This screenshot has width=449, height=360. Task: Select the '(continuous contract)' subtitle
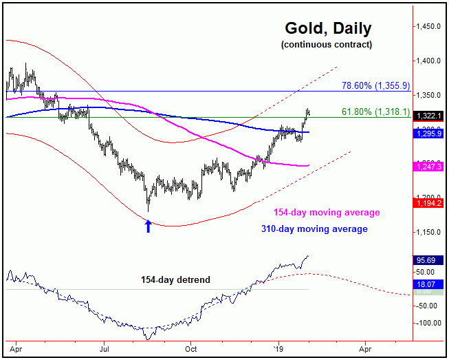point(327,45)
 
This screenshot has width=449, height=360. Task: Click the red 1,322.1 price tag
point(428,116)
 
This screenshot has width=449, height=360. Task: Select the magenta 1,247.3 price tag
point(428,167)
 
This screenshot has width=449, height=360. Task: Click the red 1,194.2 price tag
point(428,202)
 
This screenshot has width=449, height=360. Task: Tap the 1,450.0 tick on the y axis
point(428,27)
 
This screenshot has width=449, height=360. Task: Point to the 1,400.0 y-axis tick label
point(428,61)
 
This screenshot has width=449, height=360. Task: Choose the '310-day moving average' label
point(314,229)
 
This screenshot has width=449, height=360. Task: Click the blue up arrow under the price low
point(148,225)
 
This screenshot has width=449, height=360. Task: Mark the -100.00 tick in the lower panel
point(428,322)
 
